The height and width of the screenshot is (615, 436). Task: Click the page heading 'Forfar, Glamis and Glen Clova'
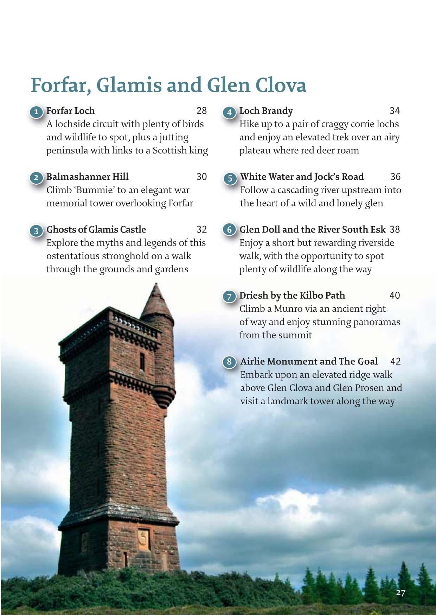[x=168, y=85]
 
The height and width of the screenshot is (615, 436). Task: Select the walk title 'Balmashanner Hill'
[x=88, y=177]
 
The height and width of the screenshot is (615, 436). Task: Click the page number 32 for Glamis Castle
[x=201, y=229]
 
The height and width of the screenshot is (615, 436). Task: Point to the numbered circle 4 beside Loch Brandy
[x=229, y=112]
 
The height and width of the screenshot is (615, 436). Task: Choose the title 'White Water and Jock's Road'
[x=302, y=177]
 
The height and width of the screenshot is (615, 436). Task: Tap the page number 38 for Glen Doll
[x=395, y=229]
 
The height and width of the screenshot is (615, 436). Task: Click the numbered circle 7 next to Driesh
[x=229, y=297]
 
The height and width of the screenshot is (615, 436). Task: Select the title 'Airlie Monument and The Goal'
[x=309, y=361]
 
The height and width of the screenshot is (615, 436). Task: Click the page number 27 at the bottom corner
[x=400, y=592]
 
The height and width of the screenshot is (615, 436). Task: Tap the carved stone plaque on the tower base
[x=143, y=538]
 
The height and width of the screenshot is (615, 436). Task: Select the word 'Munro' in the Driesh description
[x=287, y=309]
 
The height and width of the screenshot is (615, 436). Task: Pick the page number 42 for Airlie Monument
[x=395, y=361]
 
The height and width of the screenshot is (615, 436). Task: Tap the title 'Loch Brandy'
[x=266, y=111]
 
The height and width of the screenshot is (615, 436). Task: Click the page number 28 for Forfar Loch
[x=201, y=111]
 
